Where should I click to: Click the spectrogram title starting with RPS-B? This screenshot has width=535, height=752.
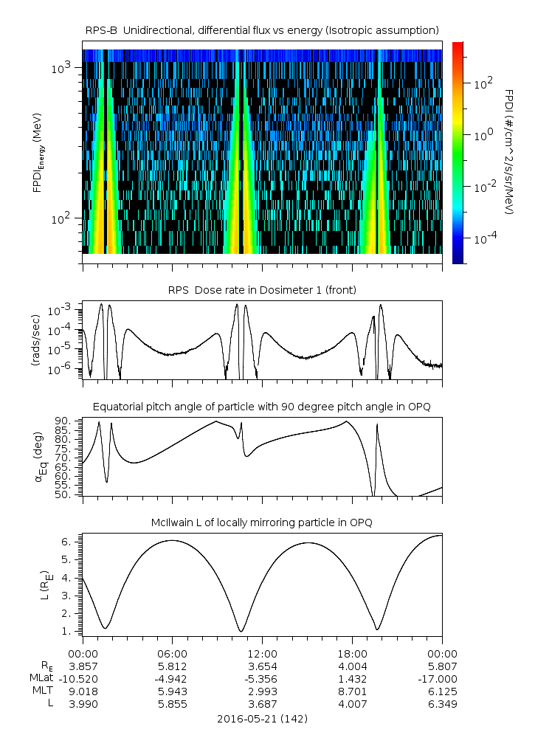tap(263, 30)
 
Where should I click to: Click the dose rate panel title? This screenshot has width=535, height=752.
tap(263, 290)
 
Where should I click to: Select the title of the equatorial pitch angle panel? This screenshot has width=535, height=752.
tap(263, 407)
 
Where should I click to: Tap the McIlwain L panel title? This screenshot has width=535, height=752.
tap(263, 522)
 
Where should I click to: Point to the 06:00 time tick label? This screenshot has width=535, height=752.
tap(172, 654)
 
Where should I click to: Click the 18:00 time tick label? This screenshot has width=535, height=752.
tap(352, 654)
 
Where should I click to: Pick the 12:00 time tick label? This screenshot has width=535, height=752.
tap(262, 654)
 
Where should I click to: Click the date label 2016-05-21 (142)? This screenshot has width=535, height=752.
tap(263, 718)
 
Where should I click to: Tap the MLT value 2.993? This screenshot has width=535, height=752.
tap(262, 691)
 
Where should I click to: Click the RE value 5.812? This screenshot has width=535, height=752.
tap(172, 666)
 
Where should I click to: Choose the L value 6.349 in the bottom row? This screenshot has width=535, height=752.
tap(442, 703)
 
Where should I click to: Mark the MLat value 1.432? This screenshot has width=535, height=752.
tap(352, 678)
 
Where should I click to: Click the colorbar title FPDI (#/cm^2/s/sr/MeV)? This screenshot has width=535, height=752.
tap(509, 152)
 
